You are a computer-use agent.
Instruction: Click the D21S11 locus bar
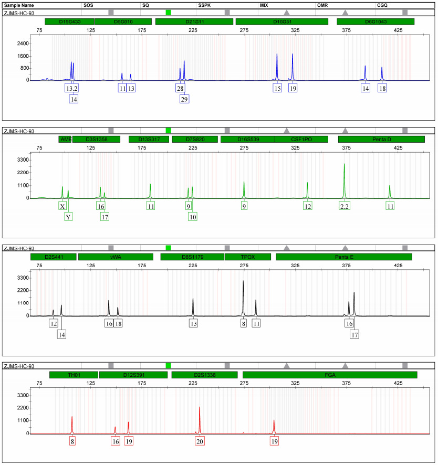pos(194,22)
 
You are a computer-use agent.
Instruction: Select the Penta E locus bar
pos(344,257)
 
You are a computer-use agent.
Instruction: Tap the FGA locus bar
pos(330,375)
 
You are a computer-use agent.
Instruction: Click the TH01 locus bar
pos(74,375)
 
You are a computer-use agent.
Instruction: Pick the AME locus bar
pos(65,139)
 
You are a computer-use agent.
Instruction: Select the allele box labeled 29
pos(184,99)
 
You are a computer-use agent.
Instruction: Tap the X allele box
pos(63,206)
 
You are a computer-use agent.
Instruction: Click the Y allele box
pos(68,216)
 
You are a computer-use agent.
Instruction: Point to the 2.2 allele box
pos(345,206)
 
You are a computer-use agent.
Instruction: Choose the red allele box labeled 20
pos(200,441)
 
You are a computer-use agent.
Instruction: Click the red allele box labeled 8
pos(72,441)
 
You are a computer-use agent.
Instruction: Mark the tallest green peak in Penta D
pos(345,165)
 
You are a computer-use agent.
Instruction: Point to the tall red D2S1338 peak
pos(200,408)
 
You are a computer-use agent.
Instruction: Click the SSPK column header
pos(205,5)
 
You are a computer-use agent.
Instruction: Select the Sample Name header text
pos(19,5)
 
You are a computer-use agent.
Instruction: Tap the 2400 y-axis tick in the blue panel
pos(23,43)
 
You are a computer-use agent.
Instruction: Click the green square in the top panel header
pos(168,12)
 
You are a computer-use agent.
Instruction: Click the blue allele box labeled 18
pos(382,88)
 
